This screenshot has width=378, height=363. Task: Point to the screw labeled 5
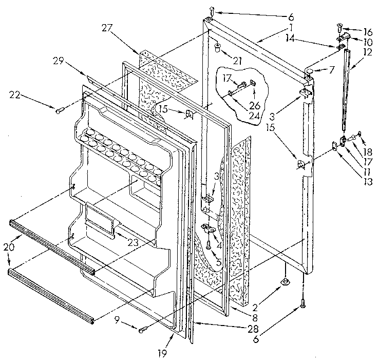[208, 245]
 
